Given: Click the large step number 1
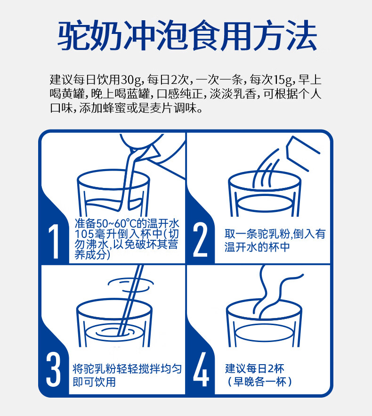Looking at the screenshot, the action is click(x=54, y=241).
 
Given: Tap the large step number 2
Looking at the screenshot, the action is click(x=200, y=240).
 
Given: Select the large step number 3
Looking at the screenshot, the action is click(x=53, y=369).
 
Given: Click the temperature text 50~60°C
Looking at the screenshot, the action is click(x=117, y=223).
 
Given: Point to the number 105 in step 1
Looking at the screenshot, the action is click(x=84, y=234).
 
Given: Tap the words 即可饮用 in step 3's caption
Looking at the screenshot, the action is click(x=94, y=382).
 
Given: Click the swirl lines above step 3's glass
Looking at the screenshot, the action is click(x=130, y=285).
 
